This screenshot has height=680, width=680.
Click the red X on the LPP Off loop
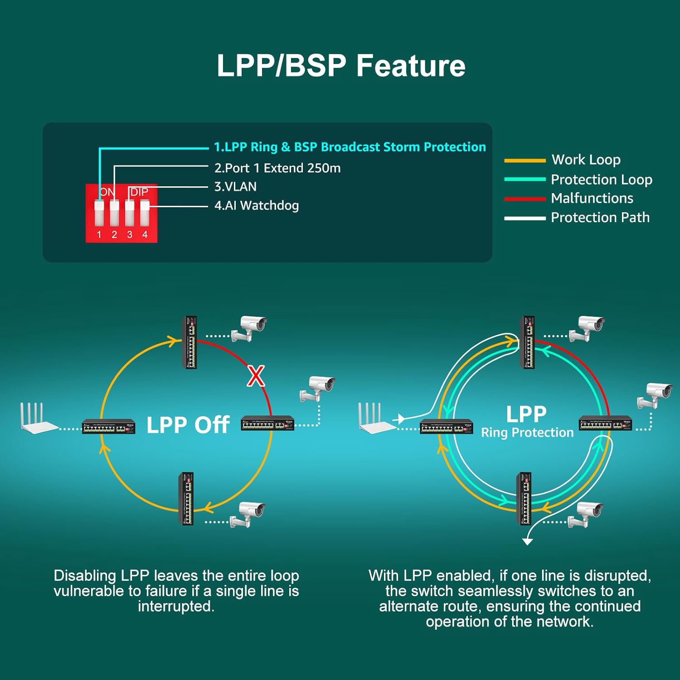click(x=256, y=376)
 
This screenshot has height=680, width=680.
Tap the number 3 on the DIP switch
click(x=130, y=234)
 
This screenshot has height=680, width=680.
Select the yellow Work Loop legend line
click(x=525, y=160)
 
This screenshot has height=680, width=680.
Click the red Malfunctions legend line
click(x=525, y=199)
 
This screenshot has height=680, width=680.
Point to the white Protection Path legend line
click(x=525, y=218)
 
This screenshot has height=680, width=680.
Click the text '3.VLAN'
click(x=235, y=187)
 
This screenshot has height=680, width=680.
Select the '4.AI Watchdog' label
click(x=257, y=206)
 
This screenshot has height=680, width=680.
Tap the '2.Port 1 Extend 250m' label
click(x=277, y=168)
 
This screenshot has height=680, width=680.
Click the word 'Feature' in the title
click(x=411, y=66)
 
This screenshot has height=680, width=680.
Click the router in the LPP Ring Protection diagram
click(x=375, y=418)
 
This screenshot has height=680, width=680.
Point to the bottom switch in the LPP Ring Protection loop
click(x=525, y=499)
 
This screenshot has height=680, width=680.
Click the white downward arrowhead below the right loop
click(x=527, y=541)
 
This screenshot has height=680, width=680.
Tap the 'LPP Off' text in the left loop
click(x=188, y=425)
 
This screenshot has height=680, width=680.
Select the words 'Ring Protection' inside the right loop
click(x=527, y=432)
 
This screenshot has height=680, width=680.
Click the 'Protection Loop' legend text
click(x=602, y=180)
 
